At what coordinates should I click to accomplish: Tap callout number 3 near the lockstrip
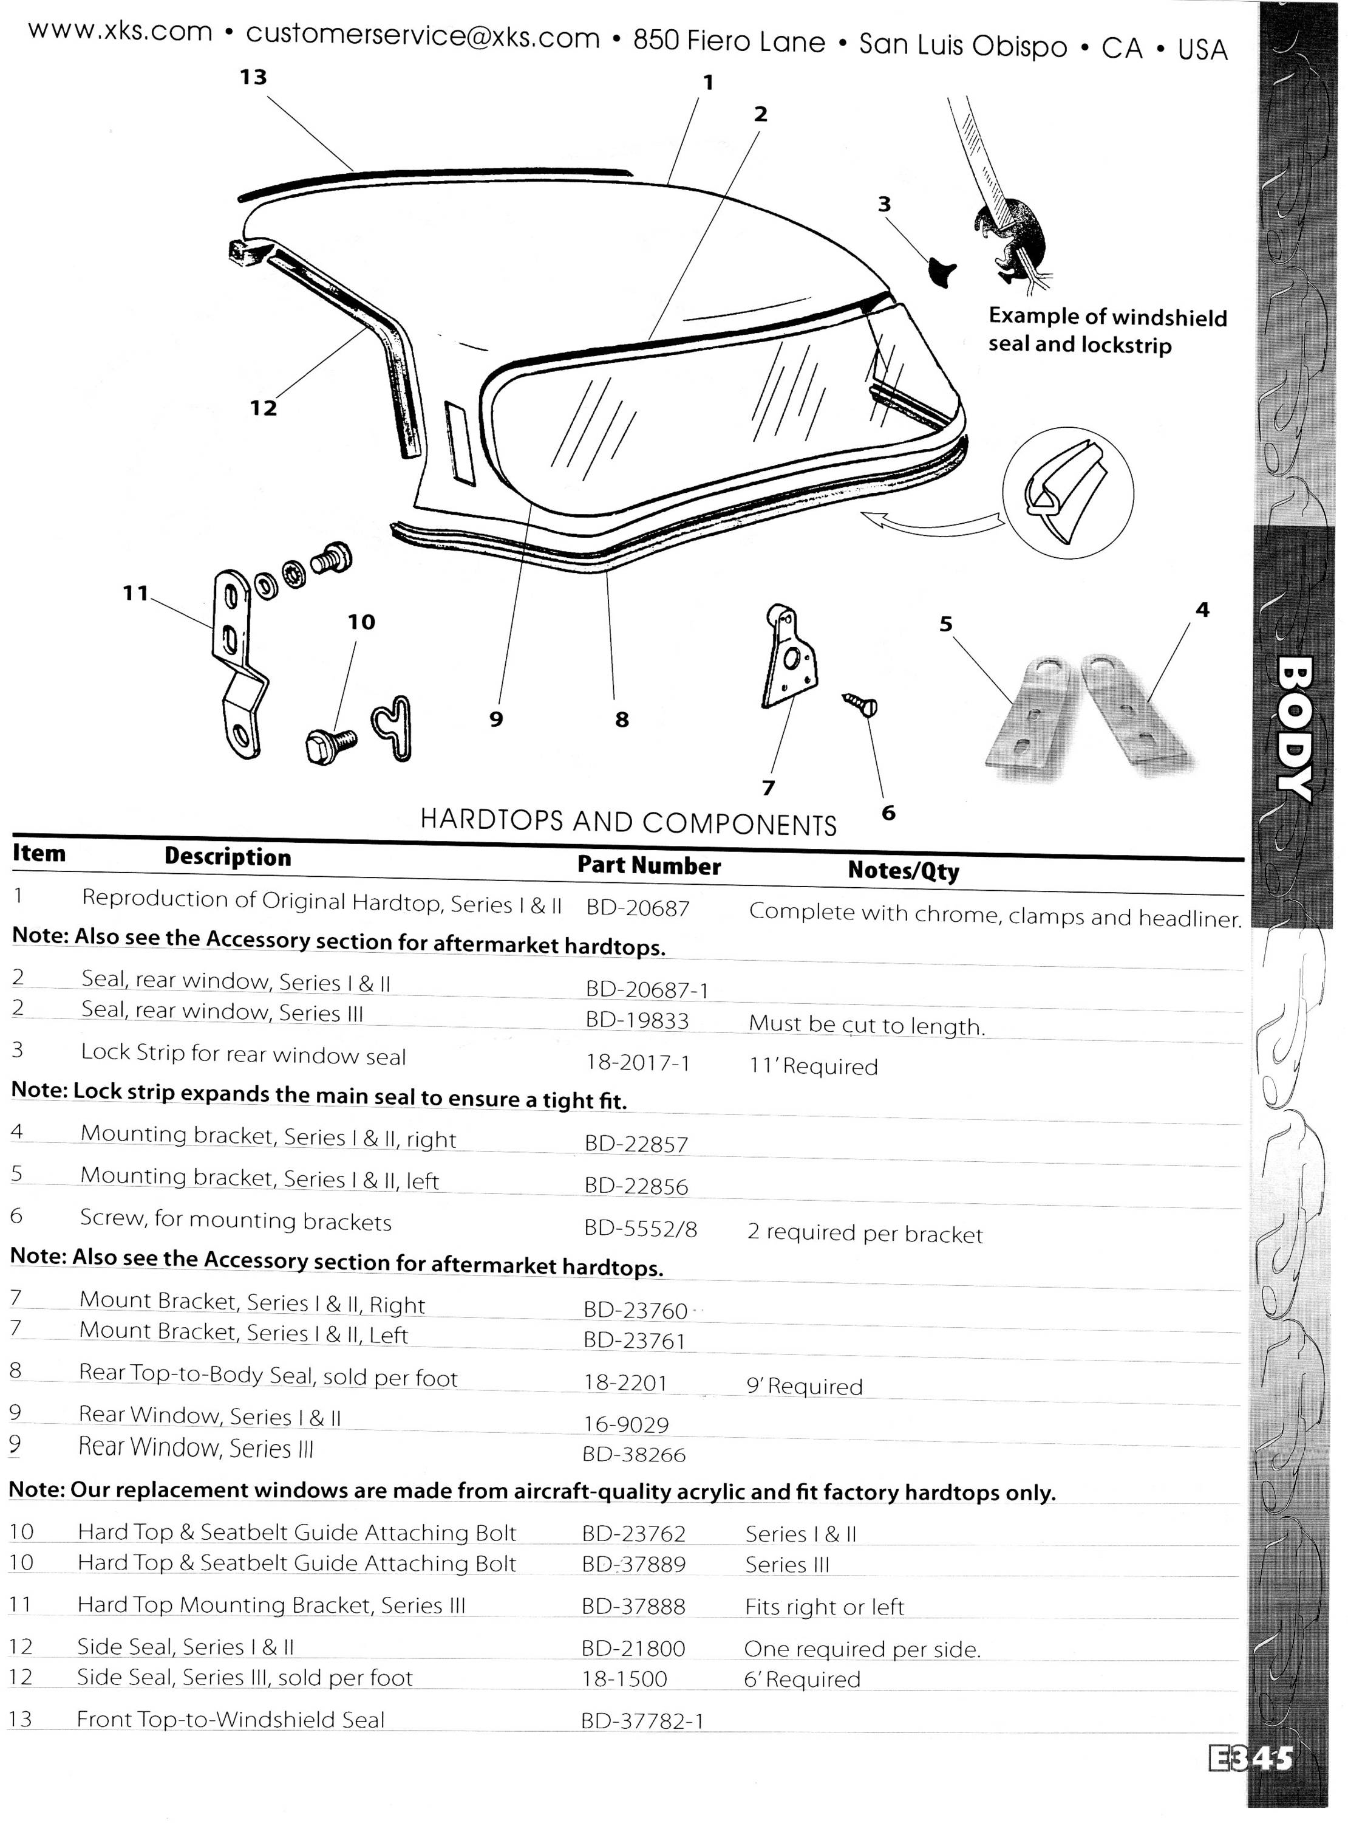click(885, 204)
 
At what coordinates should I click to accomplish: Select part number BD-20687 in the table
click(638, 907)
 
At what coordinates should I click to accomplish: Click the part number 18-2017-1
click(638, 1062)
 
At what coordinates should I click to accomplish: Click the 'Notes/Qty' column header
click(904, 870)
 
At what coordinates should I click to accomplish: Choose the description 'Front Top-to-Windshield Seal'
click(230, 1719)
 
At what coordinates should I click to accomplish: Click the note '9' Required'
click(804, 1386)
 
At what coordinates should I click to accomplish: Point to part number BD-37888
click(633, 1606)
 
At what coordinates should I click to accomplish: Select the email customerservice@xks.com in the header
click(423, 35)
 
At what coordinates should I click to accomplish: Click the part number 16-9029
click(626, 1424)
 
